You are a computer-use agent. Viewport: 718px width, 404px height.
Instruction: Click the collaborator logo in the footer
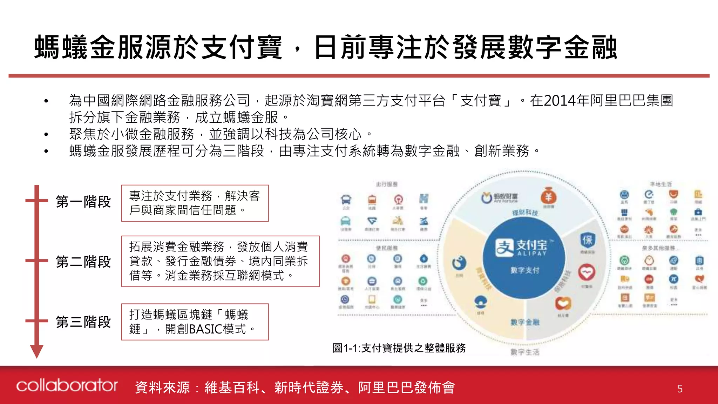[67, 385]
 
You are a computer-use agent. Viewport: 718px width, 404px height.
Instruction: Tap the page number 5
[680, 389]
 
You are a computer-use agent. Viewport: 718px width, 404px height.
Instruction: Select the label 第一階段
[83, 202]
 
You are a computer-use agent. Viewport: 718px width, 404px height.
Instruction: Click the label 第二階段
[83, 262]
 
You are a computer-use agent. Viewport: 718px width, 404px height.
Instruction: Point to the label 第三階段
[83, 322]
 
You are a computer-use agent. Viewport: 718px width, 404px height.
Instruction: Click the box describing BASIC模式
[195, 322]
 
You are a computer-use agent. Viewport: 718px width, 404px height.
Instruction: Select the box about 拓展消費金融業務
[220, 261]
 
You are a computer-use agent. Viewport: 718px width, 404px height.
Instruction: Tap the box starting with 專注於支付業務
[195, 203]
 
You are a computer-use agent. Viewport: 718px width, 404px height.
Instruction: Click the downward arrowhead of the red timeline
[36, 351]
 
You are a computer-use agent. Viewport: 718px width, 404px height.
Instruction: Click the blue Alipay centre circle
[524, 258]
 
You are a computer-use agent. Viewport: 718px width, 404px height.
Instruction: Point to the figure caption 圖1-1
[399, 348]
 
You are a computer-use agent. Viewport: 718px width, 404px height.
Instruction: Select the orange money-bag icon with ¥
[548, 196]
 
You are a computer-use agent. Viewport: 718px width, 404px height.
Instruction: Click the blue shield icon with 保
[587, 240]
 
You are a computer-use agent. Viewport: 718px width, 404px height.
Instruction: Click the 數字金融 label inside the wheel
[525, 322]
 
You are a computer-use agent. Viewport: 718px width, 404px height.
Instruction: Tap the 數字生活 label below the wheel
[525, 352]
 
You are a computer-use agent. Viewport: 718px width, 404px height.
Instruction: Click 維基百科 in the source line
[232, 388]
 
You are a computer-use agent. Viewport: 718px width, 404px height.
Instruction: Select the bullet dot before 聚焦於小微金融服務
[46, 134]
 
